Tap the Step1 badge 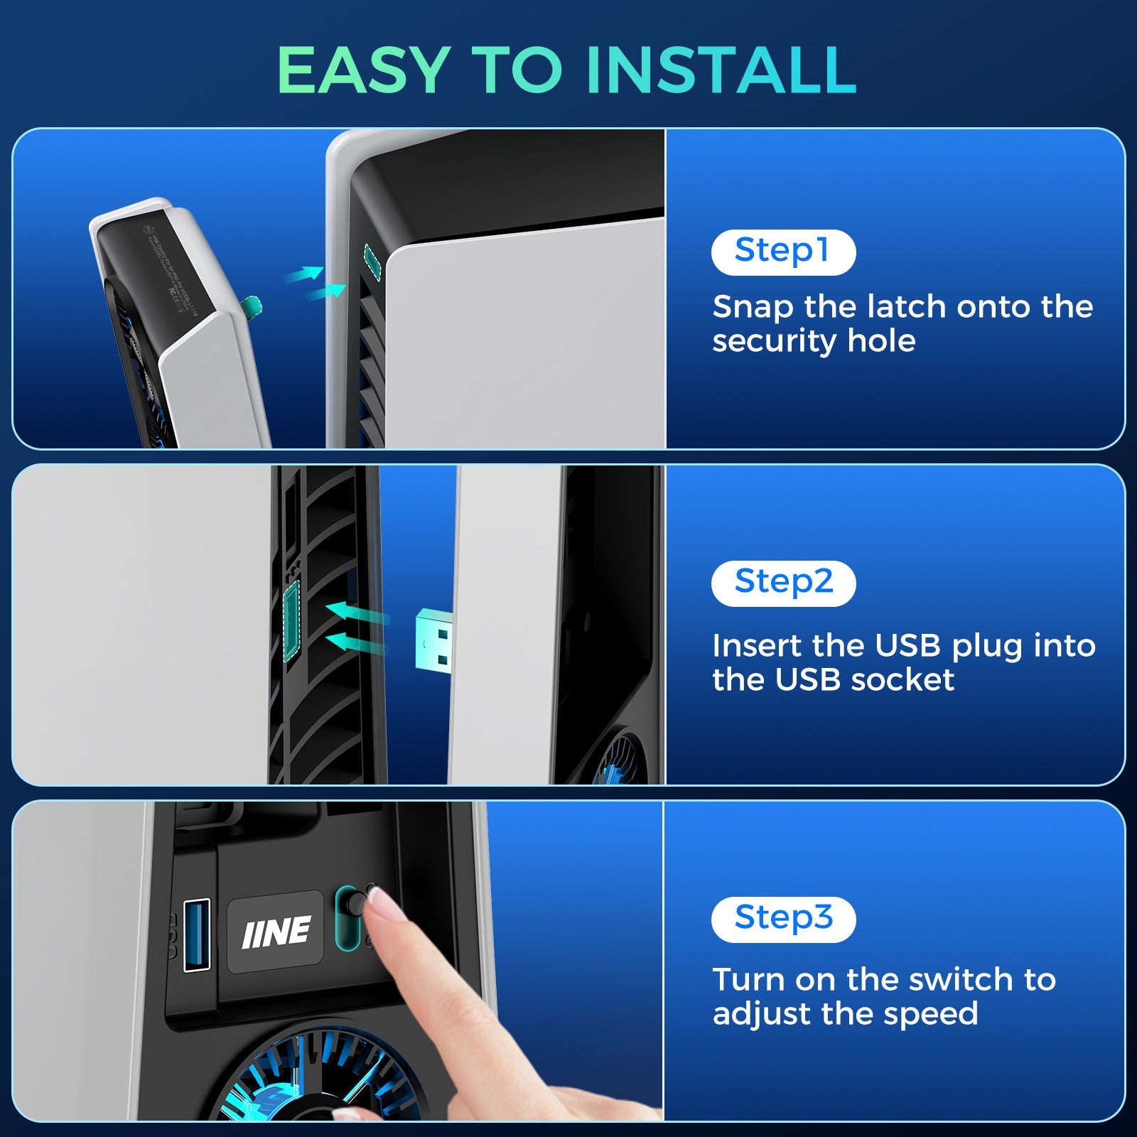(782, 252)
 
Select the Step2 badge (783, 583)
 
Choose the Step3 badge (783, 919)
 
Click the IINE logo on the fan (276, 932)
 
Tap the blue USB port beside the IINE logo (197, 934)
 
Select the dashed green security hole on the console (372, 259)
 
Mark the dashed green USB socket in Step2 (291, 620)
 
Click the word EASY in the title (361, 70)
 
